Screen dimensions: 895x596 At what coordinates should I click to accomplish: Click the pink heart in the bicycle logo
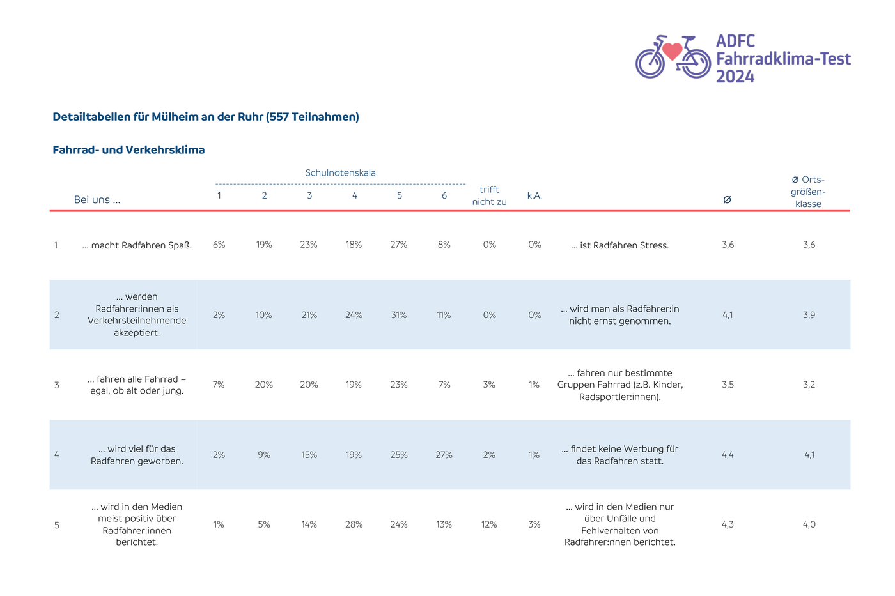(x=672, y=51)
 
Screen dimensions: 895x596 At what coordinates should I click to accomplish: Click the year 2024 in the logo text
(x=735, y=77)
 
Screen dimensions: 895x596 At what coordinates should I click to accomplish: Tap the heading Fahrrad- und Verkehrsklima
(x=128, y=150)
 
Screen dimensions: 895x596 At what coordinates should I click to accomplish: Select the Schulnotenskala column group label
(x=340, y=173)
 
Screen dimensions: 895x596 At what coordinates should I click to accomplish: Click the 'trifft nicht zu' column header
(x=490, y=195)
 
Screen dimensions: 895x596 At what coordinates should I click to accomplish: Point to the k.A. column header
(x=534, y=195)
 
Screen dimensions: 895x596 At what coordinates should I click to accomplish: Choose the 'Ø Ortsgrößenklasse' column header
(x=808, y=192)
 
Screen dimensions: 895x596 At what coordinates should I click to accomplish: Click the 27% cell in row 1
(x=399, y=245)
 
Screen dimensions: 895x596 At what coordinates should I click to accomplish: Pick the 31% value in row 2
(x=399, y=315)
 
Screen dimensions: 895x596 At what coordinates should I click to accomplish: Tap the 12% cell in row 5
(x=489, y=524)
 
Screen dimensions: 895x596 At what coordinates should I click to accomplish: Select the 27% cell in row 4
(x=444, y=455)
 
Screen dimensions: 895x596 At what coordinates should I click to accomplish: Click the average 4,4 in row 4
(x=728, y=455)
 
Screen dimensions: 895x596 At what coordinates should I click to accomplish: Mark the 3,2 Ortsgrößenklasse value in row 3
(x=809, y=385)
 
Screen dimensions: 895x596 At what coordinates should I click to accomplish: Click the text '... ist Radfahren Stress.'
(x=619, y=245)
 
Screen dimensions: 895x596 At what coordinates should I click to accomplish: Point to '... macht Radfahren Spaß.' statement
(x=137, y=245)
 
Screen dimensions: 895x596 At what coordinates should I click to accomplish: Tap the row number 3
(x=57, y=385)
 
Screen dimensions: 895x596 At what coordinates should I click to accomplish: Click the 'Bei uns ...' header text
(x=97, y=199)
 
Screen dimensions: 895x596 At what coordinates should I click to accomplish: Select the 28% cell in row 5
(x=354, y=524)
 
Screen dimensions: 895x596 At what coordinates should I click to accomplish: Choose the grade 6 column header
(x=444, y=195)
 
